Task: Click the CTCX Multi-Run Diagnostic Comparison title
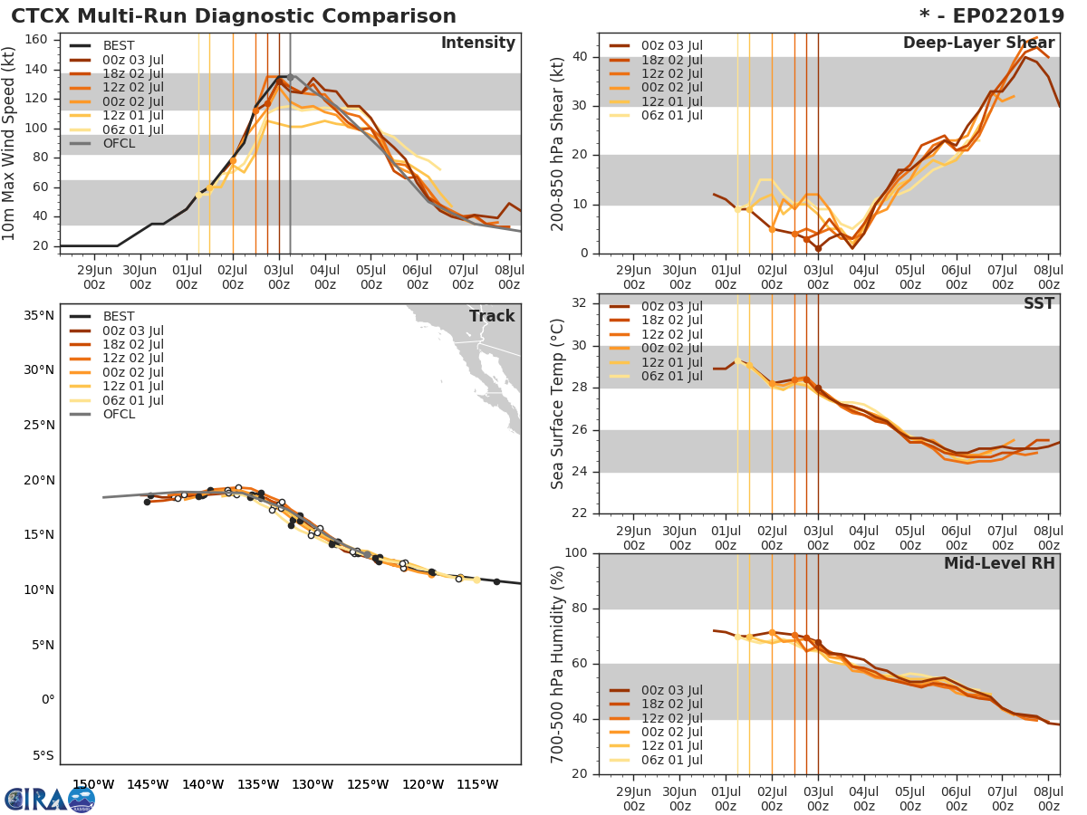click(234, 16)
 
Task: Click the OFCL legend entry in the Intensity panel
click(119, 144)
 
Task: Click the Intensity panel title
click(477, 43)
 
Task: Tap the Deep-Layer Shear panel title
click(978, 43)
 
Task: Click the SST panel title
click(1039, 304)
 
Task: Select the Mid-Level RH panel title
click(999, 564)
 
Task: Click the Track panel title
click(492, 316)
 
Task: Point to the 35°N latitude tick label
click(39, 315)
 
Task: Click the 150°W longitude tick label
click(92, 785)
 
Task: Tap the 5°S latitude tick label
click(43, 755)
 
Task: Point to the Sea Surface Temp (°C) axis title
click(557, 404)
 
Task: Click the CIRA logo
click(49, 799)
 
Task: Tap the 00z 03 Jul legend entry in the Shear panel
click(671, 45)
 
